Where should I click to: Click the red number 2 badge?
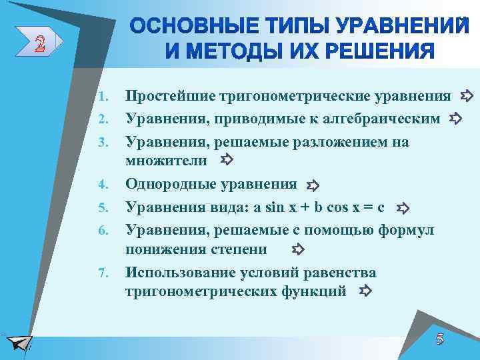(41, 45)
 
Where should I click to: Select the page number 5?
(439, 338)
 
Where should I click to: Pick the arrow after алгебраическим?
(456, 119)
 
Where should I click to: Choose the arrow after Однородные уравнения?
(313, 185)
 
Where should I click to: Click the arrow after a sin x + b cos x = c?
(402, 209)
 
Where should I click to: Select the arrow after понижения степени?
(298, 250)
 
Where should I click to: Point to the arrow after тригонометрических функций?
(365, 291)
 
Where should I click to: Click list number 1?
(103, 98)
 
